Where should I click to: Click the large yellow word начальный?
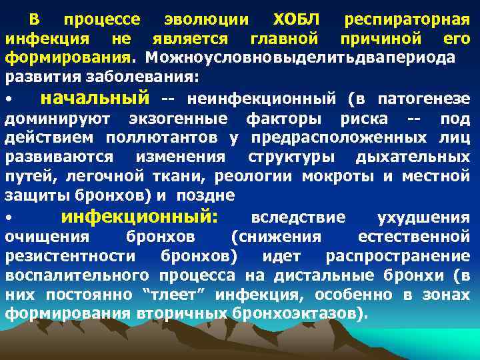pos(95,99)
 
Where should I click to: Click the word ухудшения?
pos(423,217)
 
